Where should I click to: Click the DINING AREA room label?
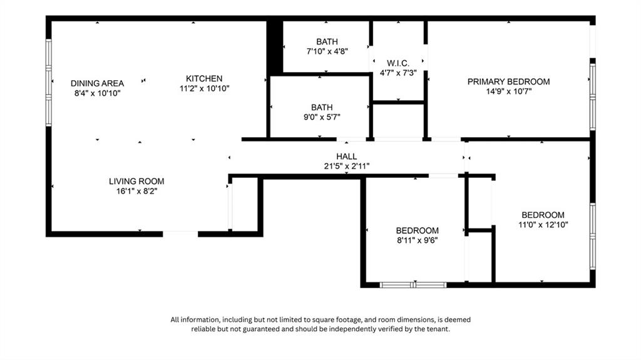click(97, 83)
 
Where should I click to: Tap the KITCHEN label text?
click(204, 78)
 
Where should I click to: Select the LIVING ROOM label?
click(136, 181)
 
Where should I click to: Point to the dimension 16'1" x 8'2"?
click(136, 192)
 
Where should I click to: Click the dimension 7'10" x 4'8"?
click(327, 52)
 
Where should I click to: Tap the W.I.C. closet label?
click(398, 63)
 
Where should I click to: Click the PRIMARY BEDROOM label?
click(508, 81)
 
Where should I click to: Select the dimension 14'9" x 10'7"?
click(508, 91)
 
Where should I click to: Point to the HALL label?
click(346, 157)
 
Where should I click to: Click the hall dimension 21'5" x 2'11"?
click(346, 167)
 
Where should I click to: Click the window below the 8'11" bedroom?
click(413, 285)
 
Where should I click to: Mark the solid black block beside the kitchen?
click(274, 47)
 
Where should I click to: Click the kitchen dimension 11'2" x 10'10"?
click(204, 89)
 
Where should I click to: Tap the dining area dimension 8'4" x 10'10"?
click(97, 93)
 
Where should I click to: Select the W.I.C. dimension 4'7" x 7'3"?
click(398, 73)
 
